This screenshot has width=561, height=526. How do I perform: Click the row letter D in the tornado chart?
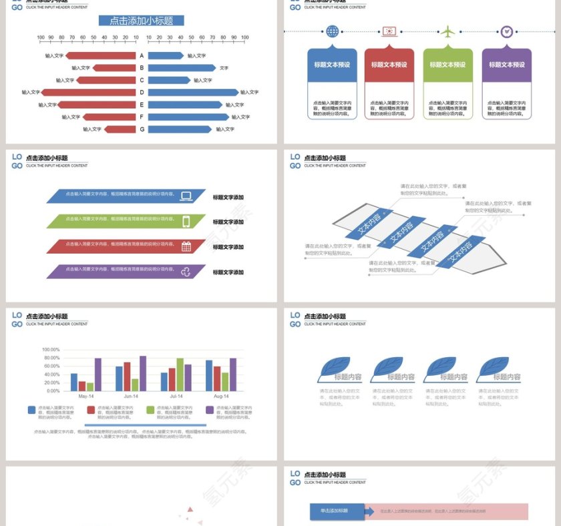[x=142, y=92]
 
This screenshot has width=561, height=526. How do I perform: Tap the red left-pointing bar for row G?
[x=120, y=129]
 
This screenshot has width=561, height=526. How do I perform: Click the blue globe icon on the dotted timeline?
[x=332, y=31]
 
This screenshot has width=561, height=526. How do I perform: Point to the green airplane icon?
[x=447, y=31]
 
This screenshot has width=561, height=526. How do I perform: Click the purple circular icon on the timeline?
[x=507, y=31]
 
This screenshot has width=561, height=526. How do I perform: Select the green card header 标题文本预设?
[x=447, y=65]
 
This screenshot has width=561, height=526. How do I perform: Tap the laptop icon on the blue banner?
[x=186, y=196]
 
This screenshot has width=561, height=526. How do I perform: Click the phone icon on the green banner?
[x=186, y=221]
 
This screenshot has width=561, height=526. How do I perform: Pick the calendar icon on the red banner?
[x=186, y=246]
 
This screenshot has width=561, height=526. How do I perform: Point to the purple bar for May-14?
[x=98, y=374]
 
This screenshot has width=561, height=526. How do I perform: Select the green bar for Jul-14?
[x=180, y=374]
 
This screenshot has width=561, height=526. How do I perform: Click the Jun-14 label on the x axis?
[x=131, y=397]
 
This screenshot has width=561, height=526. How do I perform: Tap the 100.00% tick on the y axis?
[x=51, y=349]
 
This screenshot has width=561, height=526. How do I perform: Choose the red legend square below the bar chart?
[x=91, y=410]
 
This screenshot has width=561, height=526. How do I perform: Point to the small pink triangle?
[x=190, y=509]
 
